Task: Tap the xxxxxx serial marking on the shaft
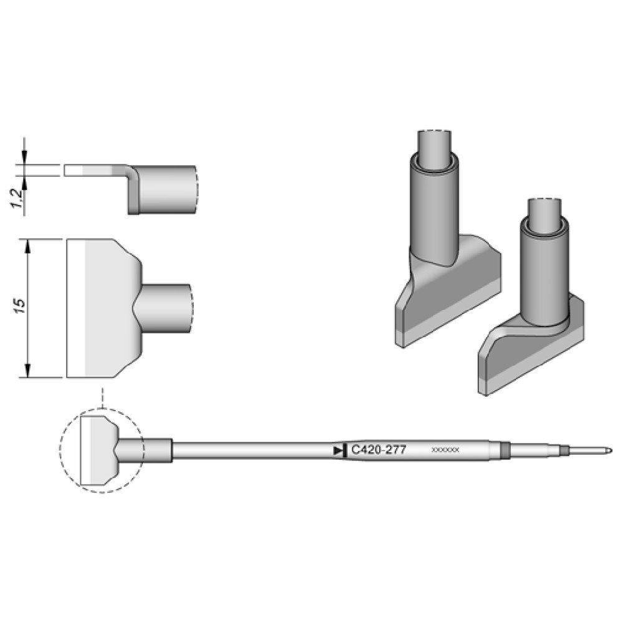pos(445,450)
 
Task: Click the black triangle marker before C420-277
pos(338,450)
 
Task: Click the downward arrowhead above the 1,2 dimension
pos(25,159)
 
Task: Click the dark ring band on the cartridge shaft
pos(505,450)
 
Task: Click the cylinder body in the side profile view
pos(165,189)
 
